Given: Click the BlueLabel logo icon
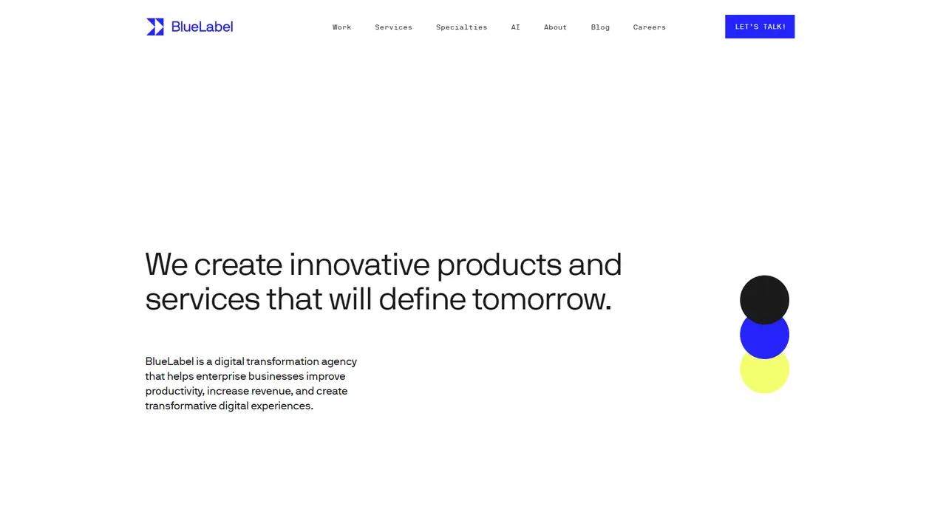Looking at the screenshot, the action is (155, 27).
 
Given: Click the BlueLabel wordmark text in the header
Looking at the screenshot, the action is (202, 27).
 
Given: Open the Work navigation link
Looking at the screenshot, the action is (341, 27).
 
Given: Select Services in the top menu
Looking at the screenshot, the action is (393, 27).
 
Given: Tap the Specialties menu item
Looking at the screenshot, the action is (462, 27).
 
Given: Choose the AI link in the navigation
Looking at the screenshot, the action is (515, 27).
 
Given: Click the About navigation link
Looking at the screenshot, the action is (555, 27).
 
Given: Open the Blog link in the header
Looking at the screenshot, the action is (600, 27).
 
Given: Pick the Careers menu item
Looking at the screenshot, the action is (649, 27).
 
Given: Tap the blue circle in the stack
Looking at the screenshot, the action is (764, 338).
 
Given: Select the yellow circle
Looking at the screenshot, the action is (764, 375).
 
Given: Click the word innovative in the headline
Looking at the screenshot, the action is (359, 265).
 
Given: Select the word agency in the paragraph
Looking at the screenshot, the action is (339, 362).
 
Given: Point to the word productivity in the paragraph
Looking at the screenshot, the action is (174, 392).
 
